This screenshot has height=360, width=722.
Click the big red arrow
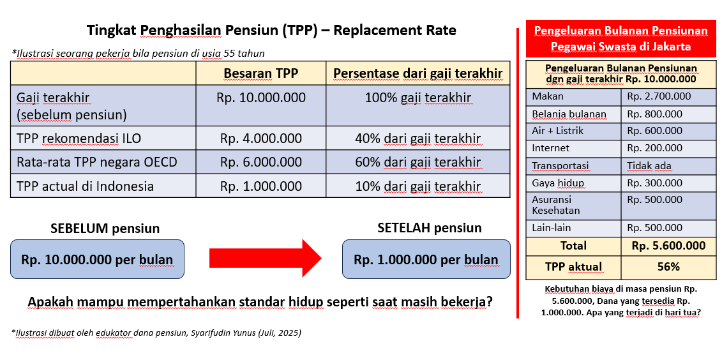[x=265, y=259]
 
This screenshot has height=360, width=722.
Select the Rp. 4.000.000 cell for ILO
[x=261, y=138]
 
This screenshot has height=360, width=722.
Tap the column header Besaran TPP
[x=261, y=73]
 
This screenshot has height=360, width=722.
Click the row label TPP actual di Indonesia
[x=85, y=186]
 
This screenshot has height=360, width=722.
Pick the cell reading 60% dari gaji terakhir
[x=418, y=162]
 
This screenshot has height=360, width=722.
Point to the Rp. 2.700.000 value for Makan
[x=659, y=96]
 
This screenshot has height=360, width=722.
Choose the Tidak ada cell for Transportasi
[x=649, y=166]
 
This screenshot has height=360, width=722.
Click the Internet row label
[x=551, y=148]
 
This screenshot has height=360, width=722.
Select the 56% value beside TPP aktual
[x=668, y=267]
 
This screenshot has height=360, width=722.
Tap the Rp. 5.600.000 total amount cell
[x=668, y=246]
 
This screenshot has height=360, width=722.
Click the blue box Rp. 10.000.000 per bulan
[x=97, y=259]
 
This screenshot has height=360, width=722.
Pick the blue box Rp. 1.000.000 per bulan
[x=426, y=259]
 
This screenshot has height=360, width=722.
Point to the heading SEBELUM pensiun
[x=105, y=229]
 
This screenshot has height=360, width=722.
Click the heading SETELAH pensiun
[x=430, y=227]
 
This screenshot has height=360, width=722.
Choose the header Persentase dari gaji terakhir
[x=418, y=73]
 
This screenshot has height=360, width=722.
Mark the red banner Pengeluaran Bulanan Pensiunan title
[x=620, y=39]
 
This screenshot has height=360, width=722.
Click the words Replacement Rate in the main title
[x=395, y=31]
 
